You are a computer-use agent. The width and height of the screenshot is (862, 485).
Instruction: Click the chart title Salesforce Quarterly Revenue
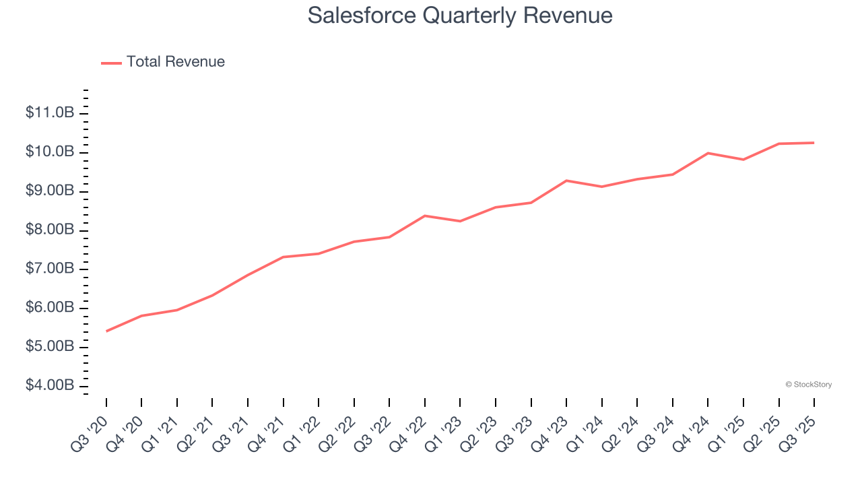pyautogui.click(x=460, y=15)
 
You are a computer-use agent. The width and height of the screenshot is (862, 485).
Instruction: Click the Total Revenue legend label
pyautogui.click(x=175, y=62)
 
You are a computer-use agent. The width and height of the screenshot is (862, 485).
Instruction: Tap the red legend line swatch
pyautogui.click(x=111, y=63)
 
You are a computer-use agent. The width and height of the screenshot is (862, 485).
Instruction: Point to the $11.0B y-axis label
pyautogui.click(x=50, y=112)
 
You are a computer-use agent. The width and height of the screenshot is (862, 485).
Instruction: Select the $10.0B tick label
pyautogui.click(x=50, y=152)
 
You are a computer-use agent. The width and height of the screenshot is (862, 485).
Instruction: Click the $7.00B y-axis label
pyautogui.click(x=50, y=269)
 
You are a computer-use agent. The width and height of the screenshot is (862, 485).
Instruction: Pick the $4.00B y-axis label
pyautogui.click(x=50, y=385)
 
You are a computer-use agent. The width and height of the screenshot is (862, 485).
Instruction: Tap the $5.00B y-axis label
pyautogui.click(x=50, y=346)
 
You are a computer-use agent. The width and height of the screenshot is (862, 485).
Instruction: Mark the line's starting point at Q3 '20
pyautogui.click(x=106, y=331)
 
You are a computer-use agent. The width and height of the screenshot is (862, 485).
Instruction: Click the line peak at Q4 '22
pyautogui.click(x=425, y=216)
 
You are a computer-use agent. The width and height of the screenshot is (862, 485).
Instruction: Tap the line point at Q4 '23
pyautogui.click(x=566, y=181)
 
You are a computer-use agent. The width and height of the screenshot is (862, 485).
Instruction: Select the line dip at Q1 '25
pyautogui.click(x=743, y=160)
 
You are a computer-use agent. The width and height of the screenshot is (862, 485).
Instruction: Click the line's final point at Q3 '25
pyautogui.click(x=814, y=143)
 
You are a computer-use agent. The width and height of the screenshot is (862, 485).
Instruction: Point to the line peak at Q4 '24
pyautogui.click(x=708, y=153)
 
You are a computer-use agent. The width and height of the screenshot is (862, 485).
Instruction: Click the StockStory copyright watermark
pyautogui.click(x=808, y=385)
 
